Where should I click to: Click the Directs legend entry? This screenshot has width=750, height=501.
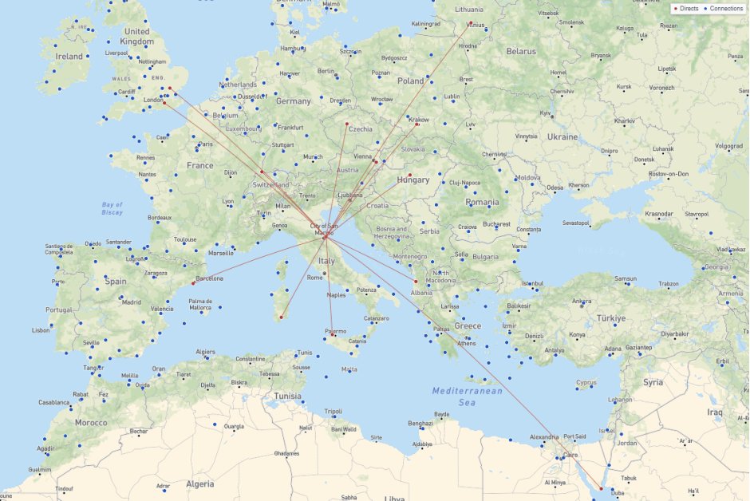point(687,8)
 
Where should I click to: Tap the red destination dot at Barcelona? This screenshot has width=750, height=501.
point(194,283)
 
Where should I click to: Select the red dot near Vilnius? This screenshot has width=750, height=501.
point(471,22)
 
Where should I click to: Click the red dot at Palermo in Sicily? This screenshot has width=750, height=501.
point(333,335)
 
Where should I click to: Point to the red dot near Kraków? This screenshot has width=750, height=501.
point(416,124)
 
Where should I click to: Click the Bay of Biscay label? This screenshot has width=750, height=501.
point(112,209)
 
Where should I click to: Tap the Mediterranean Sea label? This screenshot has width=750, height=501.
point(467,396)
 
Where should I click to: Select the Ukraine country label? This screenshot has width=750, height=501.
point(562,136)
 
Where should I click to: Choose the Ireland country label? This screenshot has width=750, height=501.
point(69,57)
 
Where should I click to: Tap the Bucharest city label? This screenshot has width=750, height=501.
point(495,224)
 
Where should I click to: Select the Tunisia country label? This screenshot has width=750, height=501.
point(287,396)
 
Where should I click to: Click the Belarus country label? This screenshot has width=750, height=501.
point(521,51)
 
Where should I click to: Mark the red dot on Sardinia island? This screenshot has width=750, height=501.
point(281,317)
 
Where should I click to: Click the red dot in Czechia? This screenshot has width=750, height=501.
point(346,124)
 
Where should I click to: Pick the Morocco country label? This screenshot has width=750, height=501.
point(90,422)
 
